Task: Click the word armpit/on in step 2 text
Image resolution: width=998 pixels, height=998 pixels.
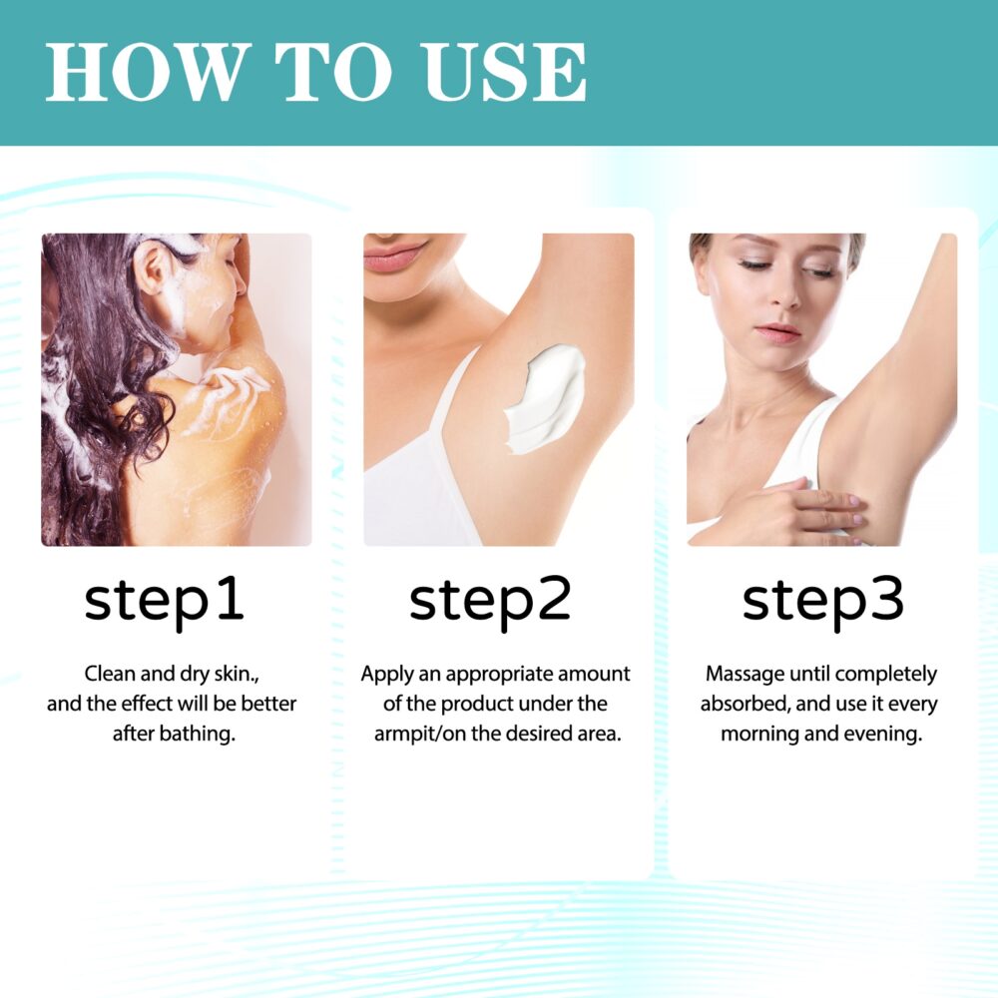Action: (419, 735)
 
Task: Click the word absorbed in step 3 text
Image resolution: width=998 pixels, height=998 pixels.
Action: (743, 705)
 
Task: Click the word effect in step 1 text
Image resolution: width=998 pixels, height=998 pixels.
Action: (148, 705)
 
